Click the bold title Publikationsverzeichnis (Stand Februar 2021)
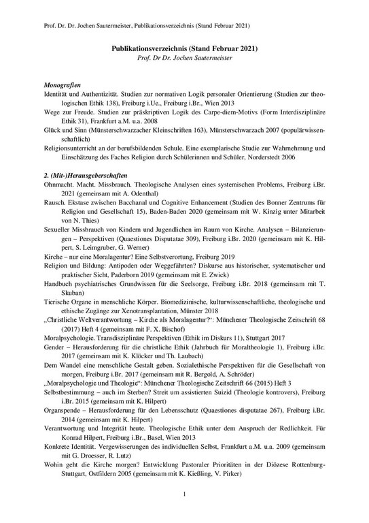coord(185,49)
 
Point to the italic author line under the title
coord(184,59)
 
